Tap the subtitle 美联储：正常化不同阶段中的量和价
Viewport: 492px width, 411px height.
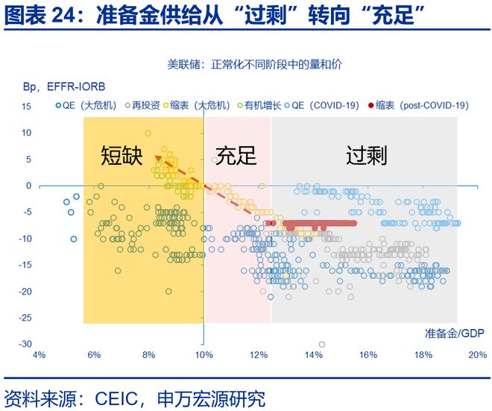point(255,64)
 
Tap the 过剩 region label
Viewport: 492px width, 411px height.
point(366,155)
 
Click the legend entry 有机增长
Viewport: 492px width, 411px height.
point(257,107)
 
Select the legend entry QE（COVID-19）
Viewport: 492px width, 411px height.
point(323,107)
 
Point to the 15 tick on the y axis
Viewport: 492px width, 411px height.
point(26,107)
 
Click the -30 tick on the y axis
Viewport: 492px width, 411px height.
point(25,345)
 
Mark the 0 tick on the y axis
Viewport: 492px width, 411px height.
point(28,186)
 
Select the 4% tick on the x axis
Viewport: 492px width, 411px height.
point(40,354)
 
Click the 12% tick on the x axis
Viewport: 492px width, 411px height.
point(259,354)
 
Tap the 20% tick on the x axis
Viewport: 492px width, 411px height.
point(478,354)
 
